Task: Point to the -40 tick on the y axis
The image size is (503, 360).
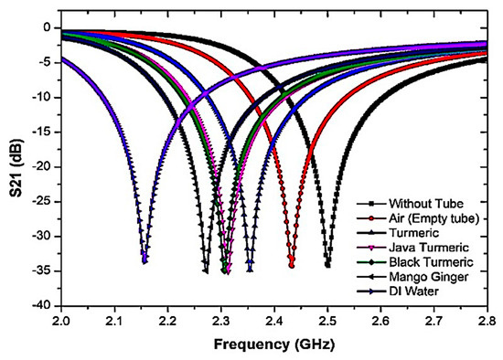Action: tap(44, 306)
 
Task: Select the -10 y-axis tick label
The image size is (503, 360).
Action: tap(44, 98)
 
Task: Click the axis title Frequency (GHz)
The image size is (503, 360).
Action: tap(273, 344)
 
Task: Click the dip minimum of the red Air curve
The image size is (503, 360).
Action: tap(292, 265)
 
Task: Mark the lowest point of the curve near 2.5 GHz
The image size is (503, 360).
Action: tap(327, 266)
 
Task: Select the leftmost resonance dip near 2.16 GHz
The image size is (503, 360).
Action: tap(144, 261)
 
